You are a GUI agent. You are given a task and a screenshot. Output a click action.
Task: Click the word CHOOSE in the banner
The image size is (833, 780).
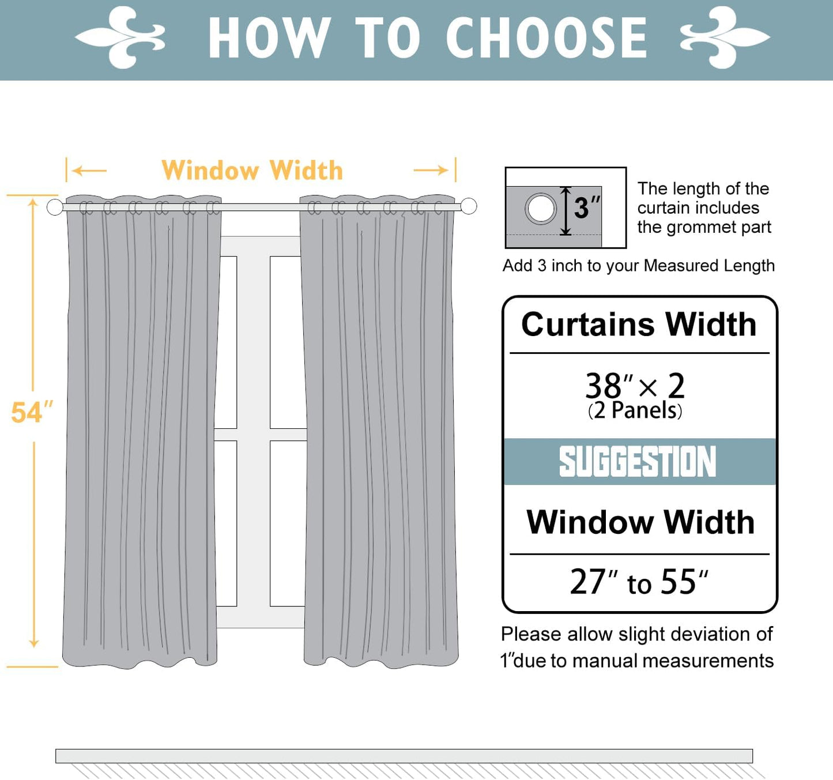[546, 38]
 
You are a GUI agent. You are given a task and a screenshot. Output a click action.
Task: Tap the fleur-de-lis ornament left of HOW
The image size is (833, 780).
[121, 37]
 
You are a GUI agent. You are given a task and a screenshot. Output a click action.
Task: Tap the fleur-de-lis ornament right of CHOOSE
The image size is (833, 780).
[725, 37]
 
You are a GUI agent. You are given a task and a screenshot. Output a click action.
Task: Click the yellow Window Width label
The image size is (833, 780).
[252, 171]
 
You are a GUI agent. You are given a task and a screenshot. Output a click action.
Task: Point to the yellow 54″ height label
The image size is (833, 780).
[32, 413]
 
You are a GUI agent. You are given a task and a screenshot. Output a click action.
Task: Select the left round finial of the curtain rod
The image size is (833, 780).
[55, 207]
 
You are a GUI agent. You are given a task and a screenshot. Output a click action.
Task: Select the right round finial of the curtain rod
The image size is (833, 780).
[469, 206]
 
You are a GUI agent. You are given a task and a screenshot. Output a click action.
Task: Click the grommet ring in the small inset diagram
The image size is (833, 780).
[540, 209]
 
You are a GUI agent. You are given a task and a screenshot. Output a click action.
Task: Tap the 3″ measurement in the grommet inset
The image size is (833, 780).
[586, 208]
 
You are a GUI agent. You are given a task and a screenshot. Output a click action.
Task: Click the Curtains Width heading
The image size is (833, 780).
[639, 324]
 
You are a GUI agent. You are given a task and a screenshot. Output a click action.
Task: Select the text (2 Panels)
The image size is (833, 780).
[635, 410]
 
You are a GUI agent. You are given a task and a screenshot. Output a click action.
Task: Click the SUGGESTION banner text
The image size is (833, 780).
[638, 462]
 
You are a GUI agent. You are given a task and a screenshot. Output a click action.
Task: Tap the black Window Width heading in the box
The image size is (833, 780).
[640, 522]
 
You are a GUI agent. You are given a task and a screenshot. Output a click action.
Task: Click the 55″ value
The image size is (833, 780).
[684, 582]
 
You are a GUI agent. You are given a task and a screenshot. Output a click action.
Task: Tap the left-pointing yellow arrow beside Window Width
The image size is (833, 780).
[90, 171]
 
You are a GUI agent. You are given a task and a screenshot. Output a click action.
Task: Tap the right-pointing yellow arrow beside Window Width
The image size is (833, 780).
[431, 170]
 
